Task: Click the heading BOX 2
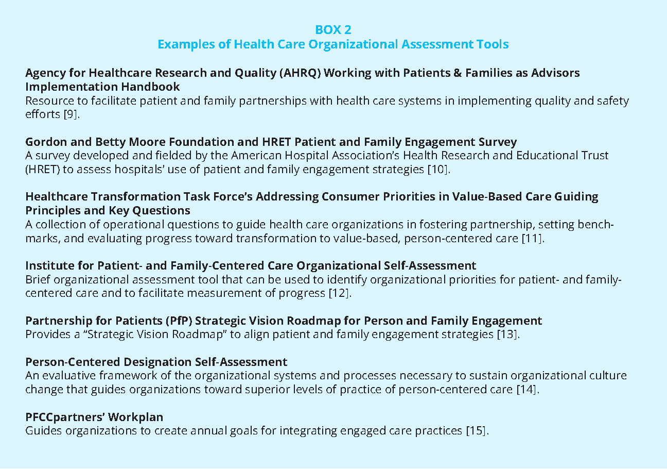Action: (333, 29)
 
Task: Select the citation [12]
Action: (340, 293)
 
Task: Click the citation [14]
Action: (528, 389)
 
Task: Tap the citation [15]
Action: (477, 430)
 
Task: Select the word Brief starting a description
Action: (38, 280)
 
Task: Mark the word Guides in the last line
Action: (43, 430)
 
